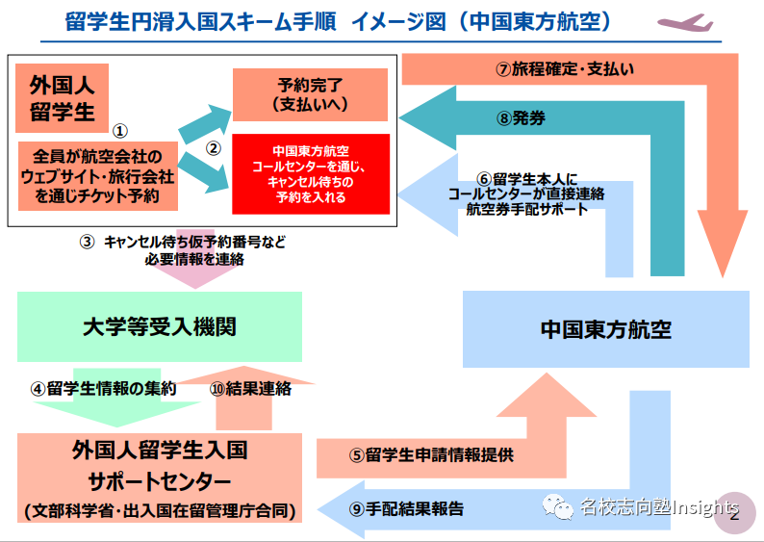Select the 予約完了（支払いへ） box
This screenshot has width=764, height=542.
click(310, 94)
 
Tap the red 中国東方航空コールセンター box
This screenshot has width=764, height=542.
click(310, 174)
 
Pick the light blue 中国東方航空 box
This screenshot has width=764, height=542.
click(604, 329)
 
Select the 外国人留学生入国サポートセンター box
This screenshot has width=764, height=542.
click(159, 477)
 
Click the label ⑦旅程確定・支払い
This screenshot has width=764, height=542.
click(565, 69)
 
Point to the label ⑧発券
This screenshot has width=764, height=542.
click(522, 118)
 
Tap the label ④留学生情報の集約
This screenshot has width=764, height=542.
click(103, 390)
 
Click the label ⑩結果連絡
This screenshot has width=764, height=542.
click(250, 390)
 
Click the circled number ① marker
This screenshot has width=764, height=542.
click(120, 128)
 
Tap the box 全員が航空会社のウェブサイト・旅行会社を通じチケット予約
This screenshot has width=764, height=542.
click(100, 176)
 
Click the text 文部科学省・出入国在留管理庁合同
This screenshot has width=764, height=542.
click(159, 509)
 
